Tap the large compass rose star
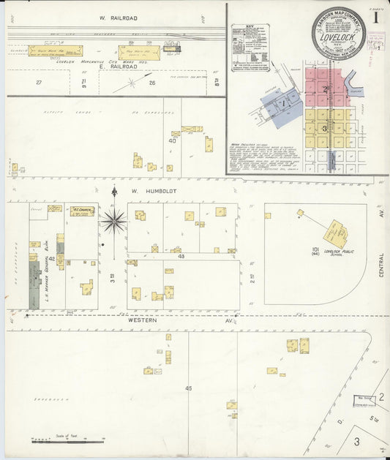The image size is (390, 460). pyautogui.click(x=114, y=219)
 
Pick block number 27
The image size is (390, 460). pyautogui.click(x=39, y=83)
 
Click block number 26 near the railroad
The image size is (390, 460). pyautogui.click(x=151, y=83)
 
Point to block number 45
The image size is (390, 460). pyautogui.click(x=188, y=388)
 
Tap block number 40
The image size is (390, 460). pyautogui.click(x=172, y=141)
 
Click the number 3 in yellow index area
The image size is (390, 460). pyautogui.click(x=325, y=127)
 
